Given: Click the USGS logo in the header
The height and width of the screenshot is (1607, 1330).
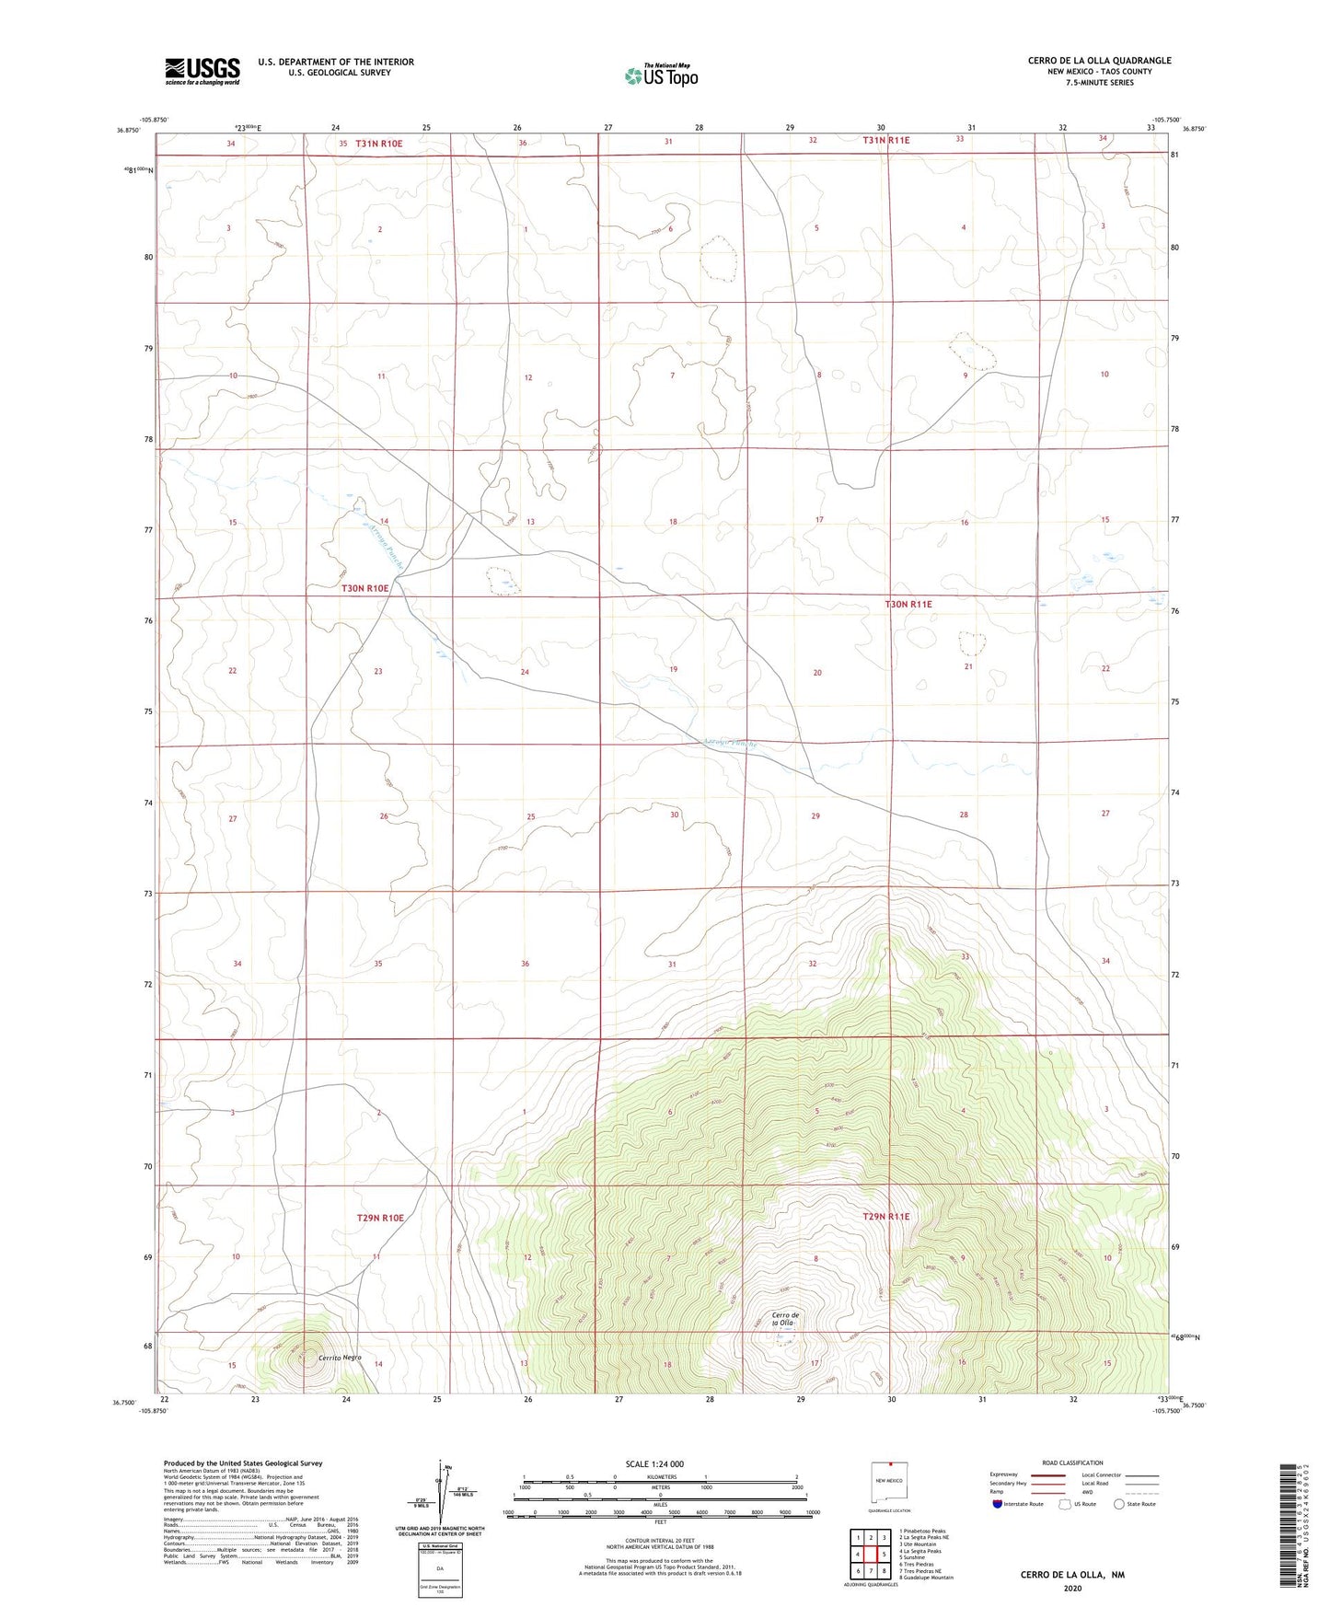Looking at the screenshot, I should (202, 70).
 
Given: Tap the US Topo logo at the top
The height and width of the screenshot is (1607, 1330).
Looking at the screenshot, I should (660, 75).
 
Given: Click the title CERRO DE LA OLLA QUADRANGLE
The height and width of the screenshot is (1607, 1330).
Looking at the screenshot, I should (1099, 61).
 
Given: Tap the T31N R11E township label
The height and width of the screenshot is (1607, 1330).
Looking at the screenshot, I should (885, 140).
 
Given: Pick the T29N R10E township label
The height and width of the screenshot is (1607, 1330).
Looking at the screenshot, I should (380, 1217).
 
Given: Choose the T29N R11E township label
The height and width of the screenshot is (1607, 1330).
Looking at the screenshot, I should (885, 1216).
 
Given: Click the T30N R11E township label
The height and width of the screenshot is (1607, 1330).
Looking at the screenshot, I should (908, 604).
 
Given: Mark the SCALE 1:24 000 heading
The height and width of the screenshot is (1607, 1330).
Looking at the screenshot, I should (654, 1463).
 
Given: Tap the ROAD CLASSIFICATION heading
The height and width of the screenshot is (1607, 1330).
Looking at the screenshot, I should (1072, 1462).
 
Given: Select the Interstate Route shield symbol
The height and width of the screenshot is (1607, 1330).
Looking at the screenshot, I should (998, 1504).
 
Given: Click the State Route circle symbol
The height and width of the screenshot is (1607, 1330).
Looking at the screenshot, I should (1119, 1504).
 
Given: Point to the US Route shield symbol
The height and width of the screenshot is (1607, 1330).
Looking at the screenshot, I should (1065, 1504).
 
